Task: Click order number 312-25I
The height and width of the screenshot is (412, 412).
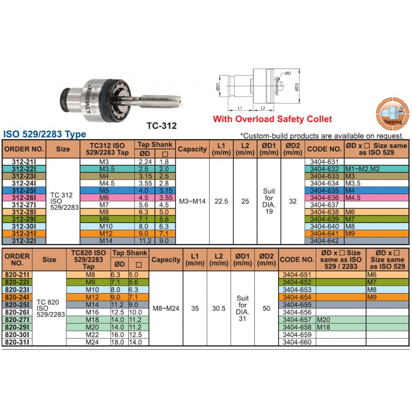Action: [x=24, y=191]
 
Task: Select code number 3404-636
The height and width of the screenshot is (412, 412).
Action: [x=324, y=198]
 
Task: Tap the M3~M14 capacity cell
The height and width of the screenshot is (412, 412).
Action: [x=192, y=201]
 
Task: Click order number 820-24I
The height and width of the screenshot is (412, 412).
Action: [x=17, y=297]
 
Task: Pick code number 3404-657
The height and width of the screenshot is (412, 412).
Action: [x=297, y=320]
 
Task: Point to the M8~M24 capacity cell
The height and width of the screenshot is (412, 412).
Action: [x=166, y=308]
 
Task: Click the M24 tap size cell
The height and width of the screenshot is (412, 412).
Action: [x=92, y=342]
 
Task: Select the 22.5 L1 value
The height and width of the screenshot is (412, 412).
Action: [x=221, y=201]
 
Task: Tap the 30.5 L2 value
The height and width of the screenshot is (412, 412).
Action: [x=219, y=308]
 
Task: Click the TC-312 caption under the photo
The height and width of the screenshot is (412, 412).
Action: [x=162, y=126]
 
